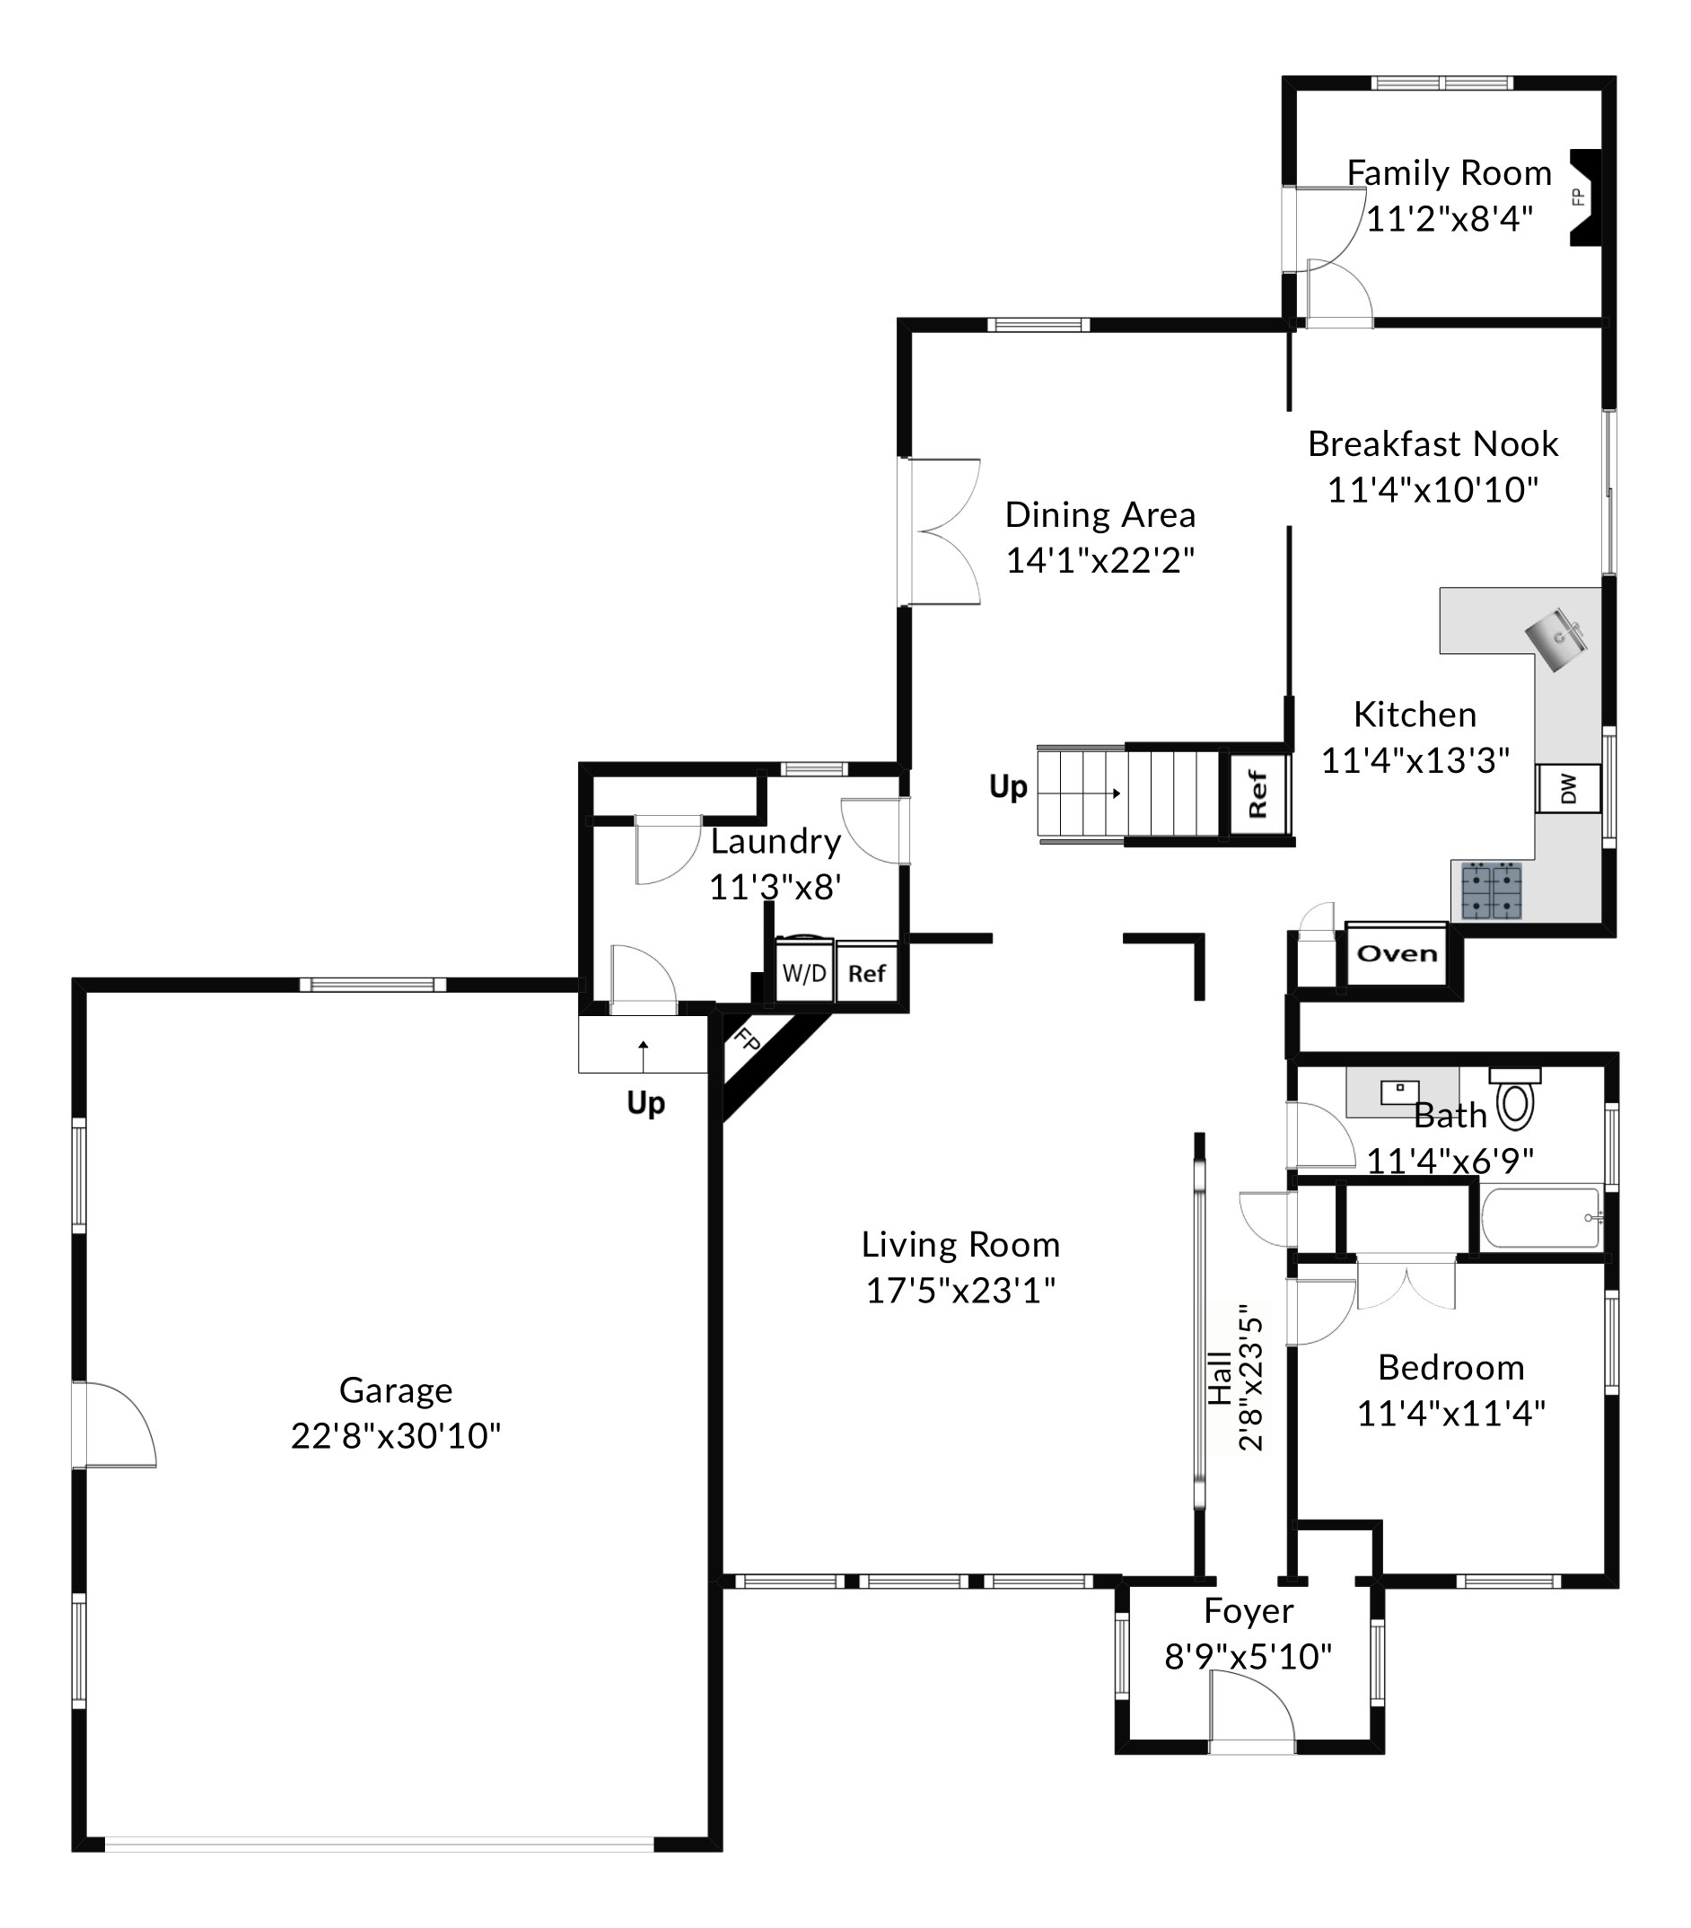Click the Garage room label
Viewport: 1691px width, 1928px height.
(x=396, y=1389)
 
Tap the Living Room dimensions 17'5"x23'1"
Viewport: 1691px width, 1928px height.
(x=960, y=1290)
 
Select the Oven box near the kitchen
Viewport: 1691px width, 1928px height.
(x=1396, y=953)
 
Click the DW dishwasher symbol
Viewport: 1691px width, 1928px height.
(x=1568, y=787)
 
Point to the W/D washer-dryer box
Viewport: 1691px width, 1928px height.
(x=803, y=972)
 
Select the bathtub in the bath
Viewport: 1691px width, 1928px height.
(x=1542, y=1218)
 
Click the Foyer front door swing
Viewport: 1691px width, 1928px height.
(x=1251, y=1711)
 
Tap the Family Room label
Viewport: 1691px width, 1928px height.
(x=1449, y=173)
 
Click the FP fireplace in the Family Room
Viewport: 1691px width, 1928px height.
(x=1584, y=198)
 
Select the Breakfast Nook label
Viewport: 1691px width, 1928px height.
(x=1433, y=443)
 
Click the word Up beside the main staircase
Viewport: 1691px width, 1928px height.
(x=1007, y=785)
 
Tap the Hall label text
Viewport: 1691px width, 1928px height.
(x=1220, y=1378)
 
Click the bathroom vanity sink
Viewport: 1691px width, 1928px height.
(x=1400, y=1091)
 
